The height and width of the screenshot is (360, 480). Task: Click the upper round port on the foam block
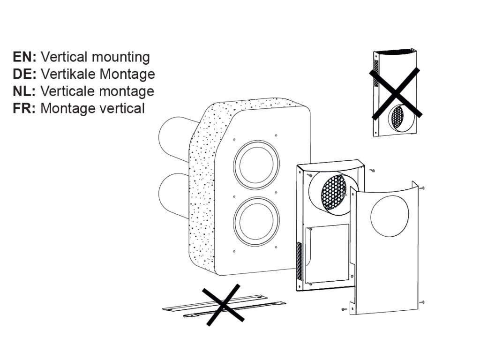tap(256, 164)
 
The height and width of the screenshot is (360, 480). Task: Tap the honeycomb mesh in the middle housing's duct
tap(334, 192)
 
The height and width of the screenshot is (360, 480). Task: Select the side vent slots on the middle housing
tap(300, 260)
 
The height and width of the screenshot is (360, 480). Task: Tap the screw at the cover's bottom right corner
tap(422, 302)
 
